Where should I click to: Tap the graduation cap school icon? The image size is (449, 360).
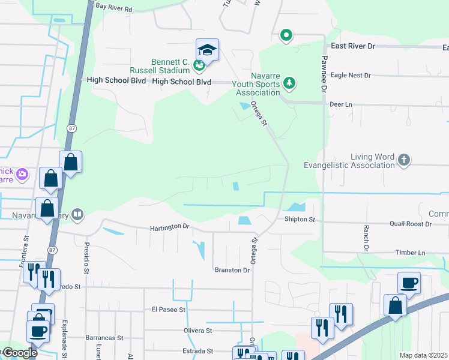207,49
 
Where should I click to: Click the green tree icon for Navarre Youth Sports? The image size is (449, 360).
289,82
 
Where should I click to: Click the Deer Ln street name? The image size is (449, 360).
340,104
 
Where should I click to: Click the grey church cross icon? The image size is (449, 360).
404,160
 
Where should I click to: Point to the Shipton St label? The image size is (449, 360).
300,220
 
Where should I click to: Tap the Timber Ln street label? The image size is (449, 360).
410,253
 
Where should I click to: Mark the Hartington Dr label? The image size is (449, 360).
169,227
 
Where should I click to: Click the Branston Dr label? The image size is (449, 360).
232,270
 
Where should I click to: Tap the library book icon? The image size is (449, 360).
77,214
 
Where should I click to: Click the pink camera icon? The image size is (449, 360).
23,175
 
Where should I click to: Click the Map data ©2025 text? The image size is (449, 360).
423,355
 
